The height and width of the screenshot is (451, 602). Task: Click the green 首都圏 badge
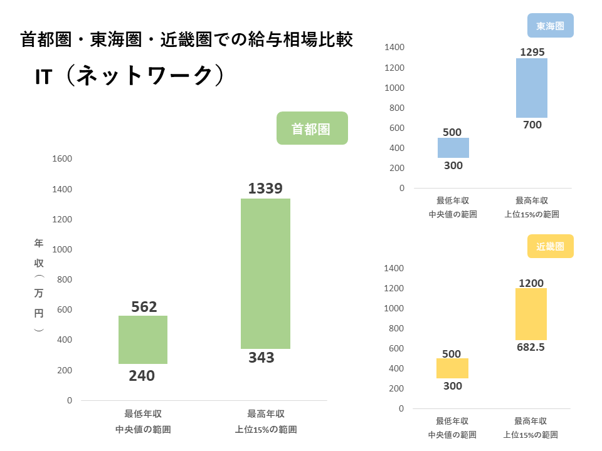pos(312,128)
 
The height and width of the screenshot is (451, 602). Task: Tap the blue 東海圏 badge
pos(550,26)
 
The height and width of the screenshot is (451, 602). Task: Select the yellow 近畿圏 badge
pos(550,246)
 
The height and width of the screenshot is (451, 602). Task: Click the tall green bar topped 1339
pos(265,273)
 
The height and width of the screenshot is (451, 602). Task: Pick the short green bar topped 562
pos(143,340)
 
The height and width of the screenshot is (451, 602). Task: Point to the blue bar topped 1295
pos(532,88)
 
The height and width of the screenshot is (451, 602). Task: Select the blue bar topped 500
pos(453,148)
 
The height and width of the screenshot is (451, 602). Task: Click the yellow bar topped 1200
pos(531,314)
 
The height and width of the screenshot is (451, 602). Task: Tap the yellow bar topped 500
pos(452,368)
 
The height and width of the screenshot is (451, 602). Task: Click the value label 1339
pos(265,188)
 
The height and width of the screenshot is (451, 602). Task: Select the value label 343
pos(261,358)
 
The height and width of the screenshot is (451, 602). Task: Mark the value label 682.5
pos(531,347)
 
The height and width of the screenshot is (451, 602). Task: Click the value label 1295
pos(532,51)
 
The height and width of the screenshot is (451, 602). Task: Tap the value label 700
pos(532,125)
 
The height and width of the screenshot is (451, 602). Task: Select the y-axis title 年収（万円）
pos(39,285)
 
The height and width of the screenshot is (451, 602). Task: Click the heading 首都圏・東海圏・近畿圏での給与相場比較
pos(187,40)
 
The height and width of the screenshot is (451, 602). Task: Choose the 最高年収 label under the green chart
pos(266,414)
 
